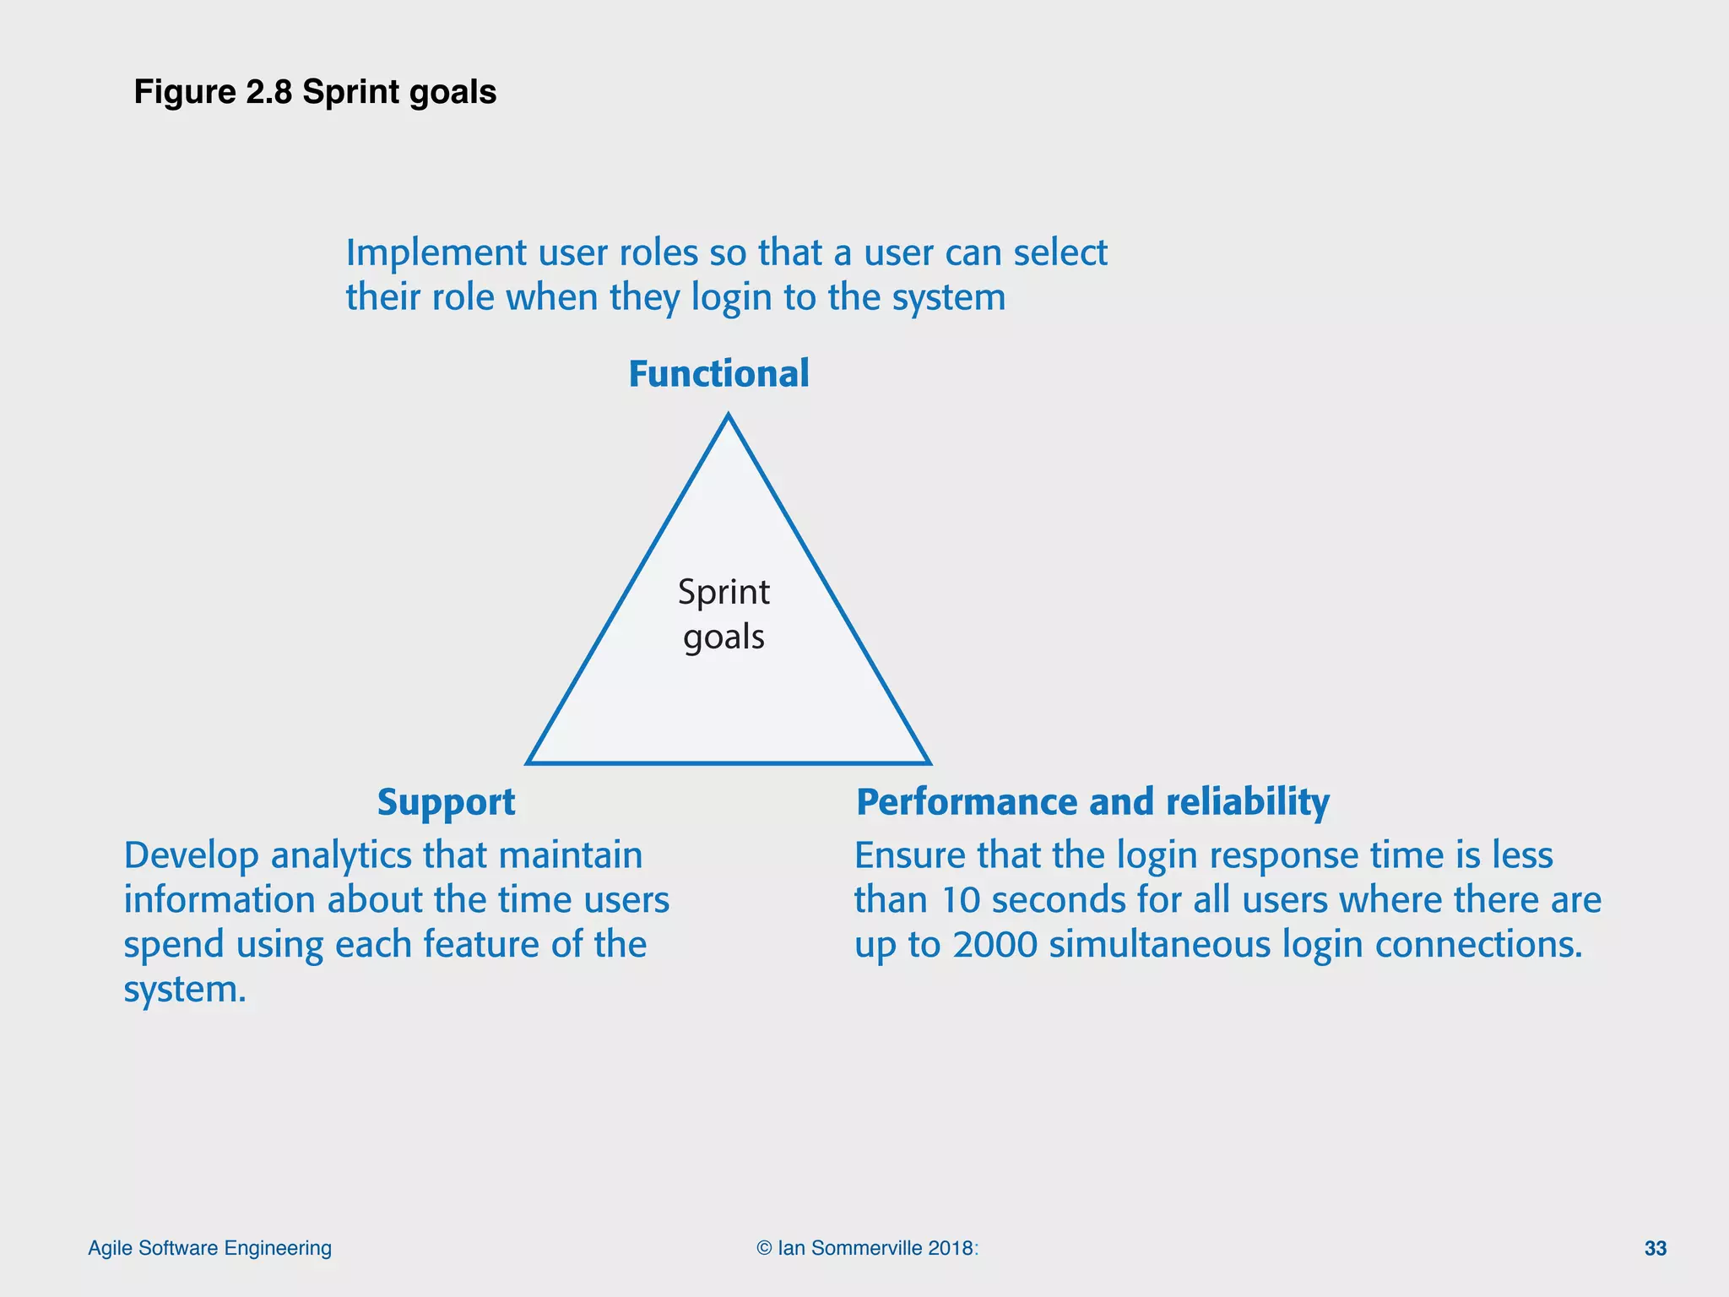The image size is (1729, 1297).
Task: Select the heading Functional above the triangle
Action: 718,374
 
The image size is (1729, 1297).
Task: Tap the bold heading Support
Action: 446,802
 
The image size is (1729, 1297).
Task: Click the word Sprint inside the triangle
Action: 724,593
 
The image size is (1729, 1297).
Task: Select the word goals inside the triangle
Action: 724,638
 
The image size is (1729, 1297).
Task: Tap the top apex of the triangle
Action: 729,415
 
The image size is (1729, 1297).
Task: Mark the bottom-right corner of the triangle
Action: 929,762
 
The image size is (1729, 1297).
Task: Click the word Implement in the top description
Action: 436,253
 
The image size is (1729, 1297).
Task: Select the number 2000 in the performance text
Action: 995,945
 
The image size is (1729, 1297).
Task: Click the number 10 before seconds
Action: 960,900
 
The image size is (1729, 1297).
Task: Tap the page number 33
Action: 1655,1248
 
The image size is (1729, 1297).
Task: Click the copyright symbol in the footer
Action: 764,1248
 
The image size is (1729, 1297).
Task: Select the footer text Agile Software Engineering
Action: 209,1248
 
